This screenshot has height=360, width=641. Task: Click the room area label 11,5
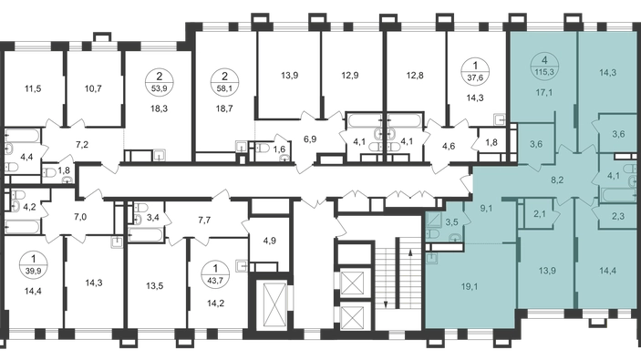(x=33, y=88)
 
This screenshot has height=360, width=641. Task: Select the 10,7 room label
(x=94, y=88)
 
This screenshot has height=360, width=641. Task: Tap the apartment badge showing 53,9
(x=159, y=80)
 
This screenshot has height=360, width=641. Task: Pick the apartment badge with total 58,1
(x=224, y=80)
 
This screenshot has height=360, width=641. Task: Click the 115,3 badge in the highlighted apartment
(x=544, y=66)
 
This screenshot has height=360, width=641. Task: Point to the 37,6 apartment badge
(x=475, y=71)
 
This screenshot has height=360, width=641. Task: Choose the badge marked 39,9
(x=33, y=264)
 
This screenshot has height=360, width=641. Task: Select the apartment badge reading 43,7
(x=215, y=273)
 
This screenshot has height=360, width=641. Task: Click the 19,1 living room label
(x=470, y=286)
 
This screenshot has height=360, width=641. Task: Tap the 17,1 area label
(x=544, y=93)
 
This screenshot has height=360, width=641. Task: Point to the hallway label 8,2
(x=557, y=180)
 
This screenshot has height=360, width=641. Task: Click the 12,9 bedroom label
(x=350, y=75)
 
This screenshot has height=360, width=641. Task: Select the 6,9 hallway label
(x=310, y=139)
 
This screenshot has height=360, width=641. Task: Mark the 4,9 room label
(x=269, y=241)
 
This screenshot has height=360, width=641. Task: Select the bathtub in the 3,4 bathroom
(x=146, y=235)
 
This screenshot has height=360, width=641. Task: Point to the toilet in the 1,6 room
(x=263, y=147)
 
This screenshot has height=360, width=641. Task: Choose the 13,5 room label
(x=154, y=285)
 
